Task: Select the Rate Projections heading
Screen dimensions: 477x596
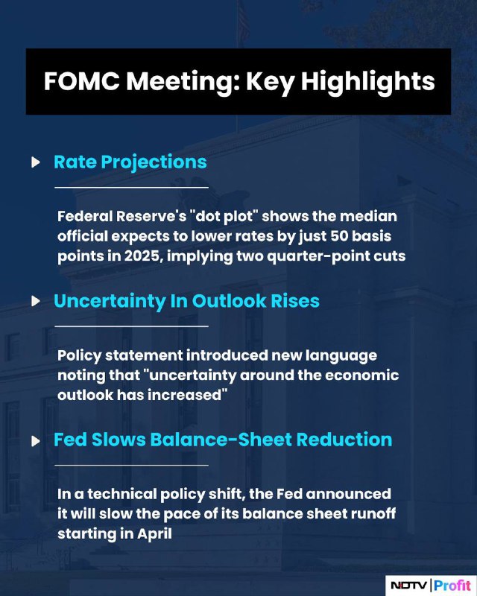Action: click(130, 162)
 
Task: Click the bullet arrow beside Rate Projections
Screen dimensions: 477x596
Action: click(36, 162)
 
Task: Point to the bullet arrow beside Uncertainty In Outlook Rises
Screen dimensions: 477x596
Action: click(36, 301)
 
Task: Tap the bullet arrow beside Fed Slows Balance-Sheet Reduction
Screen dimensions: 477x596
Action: click(36, 441)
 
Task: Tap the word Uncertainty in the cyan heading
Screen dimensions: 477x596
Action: click(110, 302)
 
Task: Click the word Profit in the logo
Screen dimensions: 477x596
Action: click(452, 586)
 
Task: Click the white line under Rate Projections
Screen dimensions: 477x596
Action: click(132, 188)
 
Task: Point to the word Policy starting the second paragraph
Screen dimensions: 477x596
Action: click(79, 356)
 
